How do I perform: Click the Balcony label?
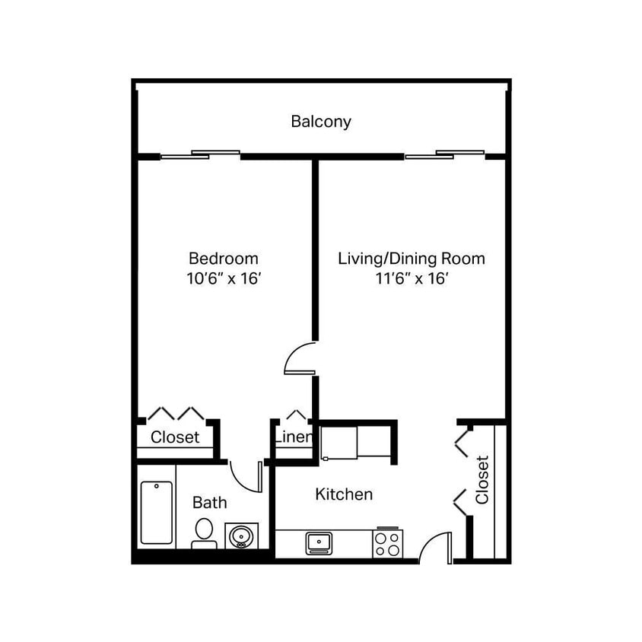(321, 122)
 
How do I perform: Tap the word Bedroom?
(224, 259)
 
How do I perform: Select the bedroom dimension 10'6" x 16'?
(224, 278)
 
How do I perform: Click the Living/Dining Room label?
(411, 259)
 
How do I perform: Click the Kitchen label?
(344, 494)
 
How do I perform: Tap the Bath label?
(209, 503)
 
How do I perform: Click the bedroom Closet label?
(175, 437)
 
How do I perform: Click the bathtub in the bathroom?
(157, 513)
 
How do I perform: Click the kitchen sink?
(319, 542)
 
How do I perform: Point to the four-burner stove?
(386, 543)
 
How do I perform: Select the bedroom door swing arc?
(300, 358)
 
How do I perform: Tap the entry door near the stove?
(435, 548)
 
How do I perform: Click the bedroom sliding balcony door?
(200, 155)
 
